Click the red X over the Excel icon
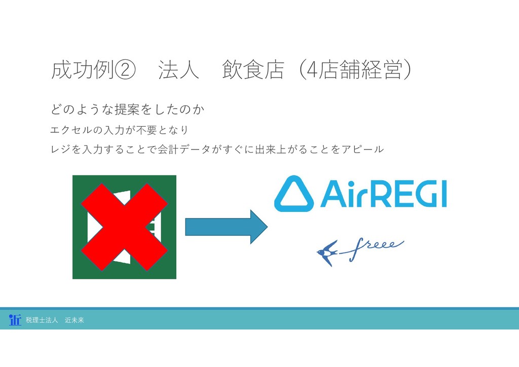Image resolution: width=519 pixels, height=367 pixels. [x=124, y=227]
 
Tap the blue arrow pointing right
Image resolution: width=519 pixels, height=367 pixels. [x=226, y=227]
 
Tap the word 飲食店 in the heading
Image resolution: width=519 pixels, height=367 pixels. [x=252, y=71]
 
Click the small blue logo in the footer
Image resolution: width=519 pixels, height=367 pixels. [x=15, y=319]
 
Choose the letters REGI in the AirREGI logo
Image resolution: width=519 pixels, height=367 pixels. [x=405, y=194]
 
